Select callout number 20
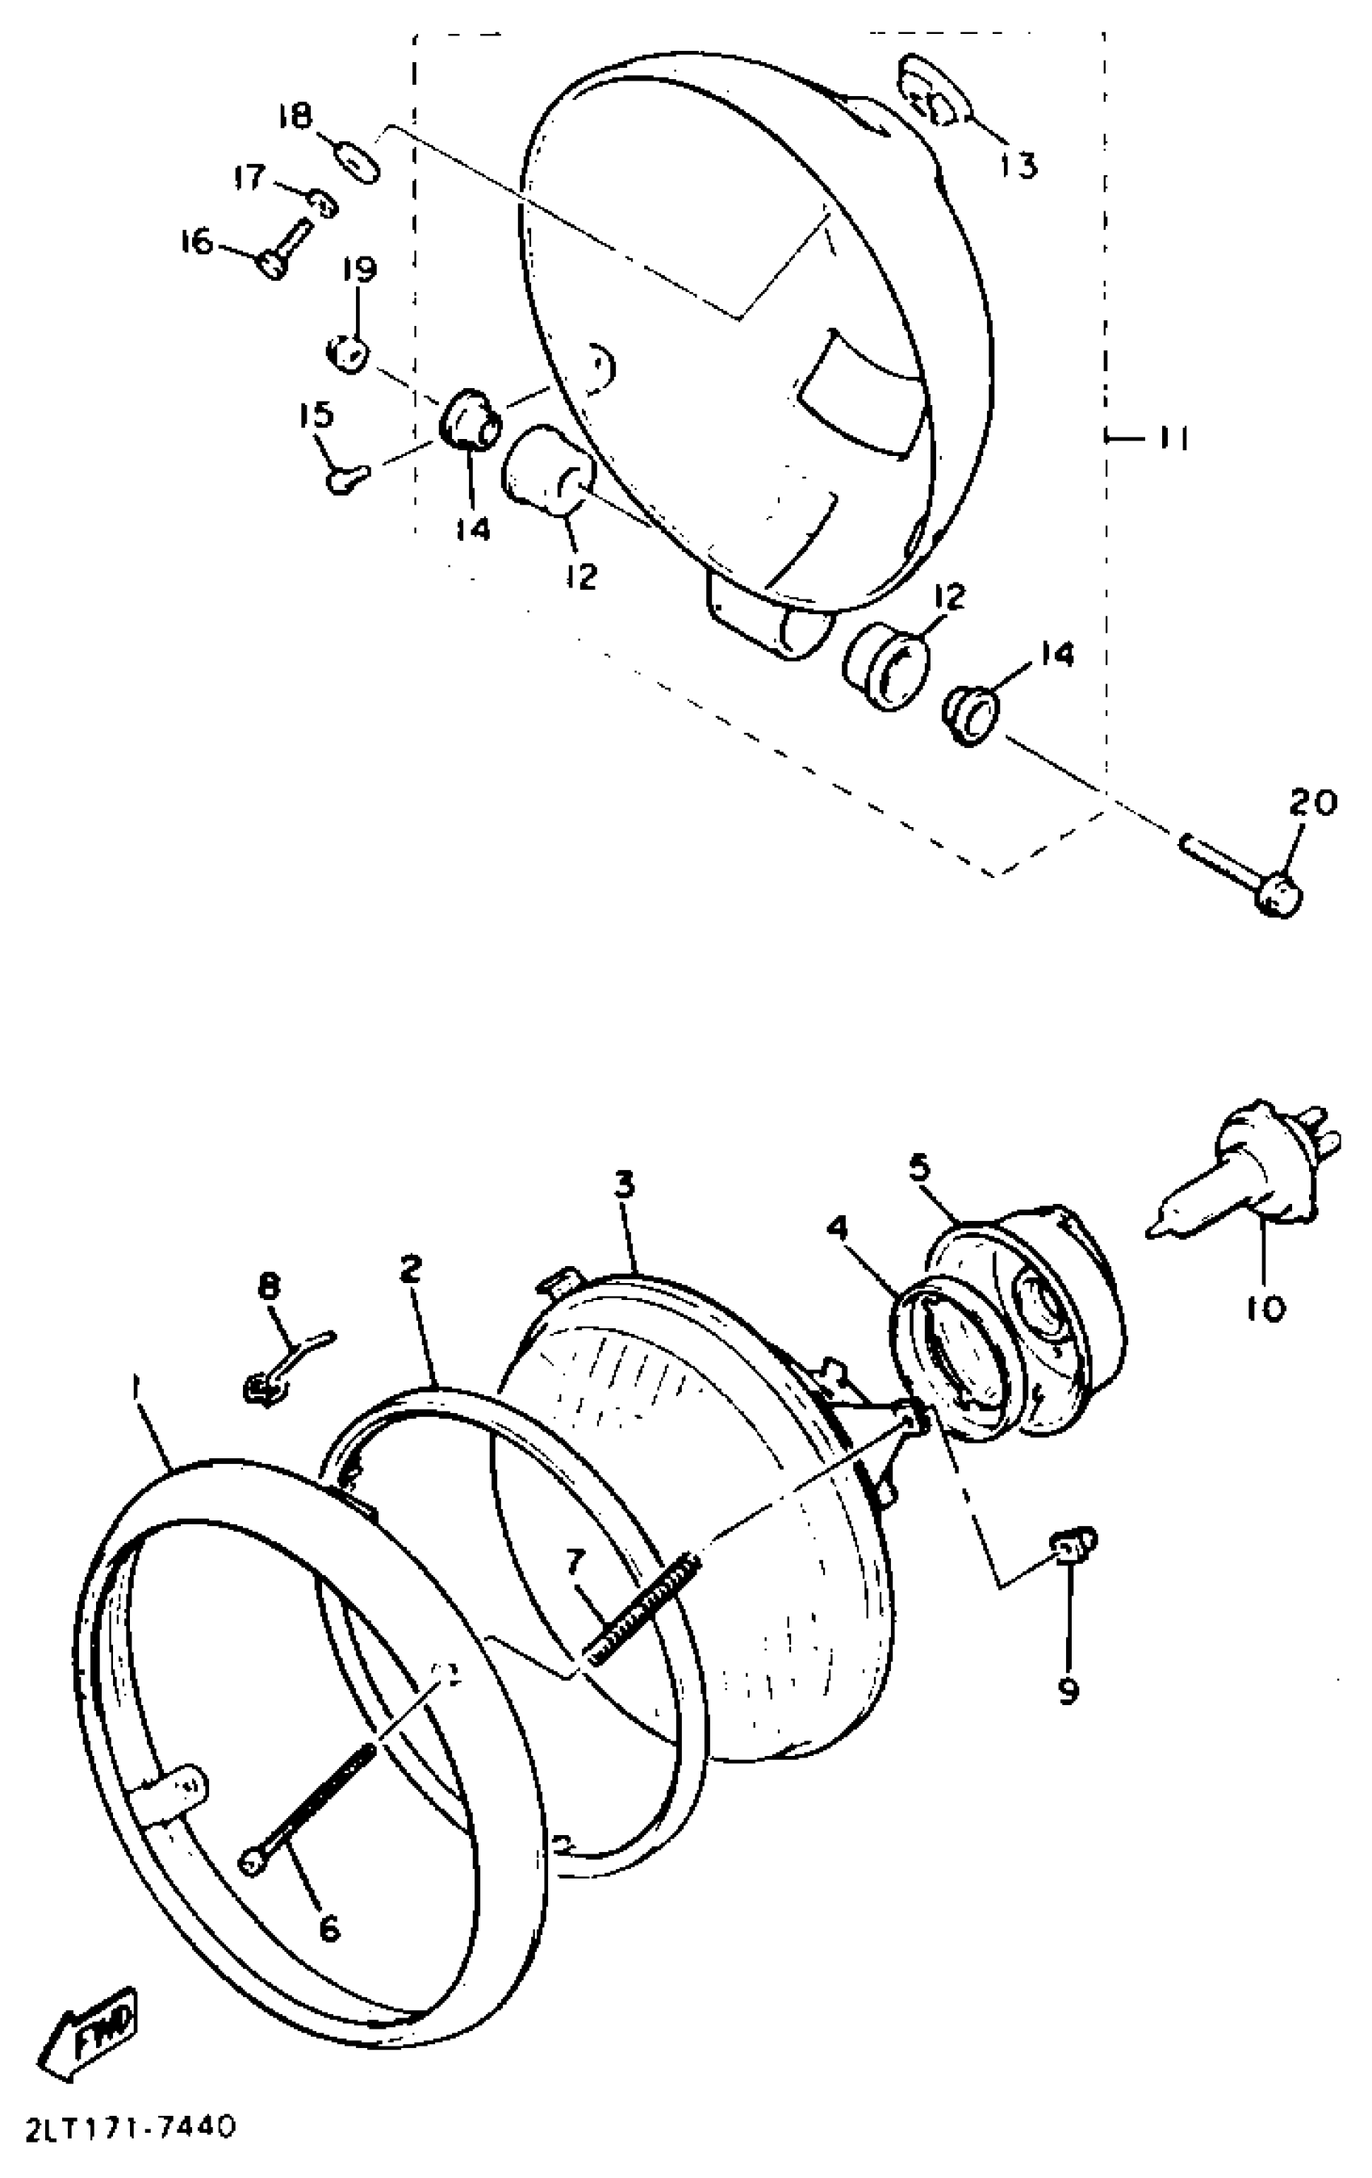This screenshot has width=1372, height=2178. point(1311,802)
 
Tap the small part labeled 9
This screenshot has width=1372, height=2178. point(1073,1546)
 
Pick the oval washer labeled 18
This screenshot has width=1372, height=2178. point(358,161)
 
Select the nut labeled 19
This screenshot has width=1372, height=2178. point(346,352)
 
